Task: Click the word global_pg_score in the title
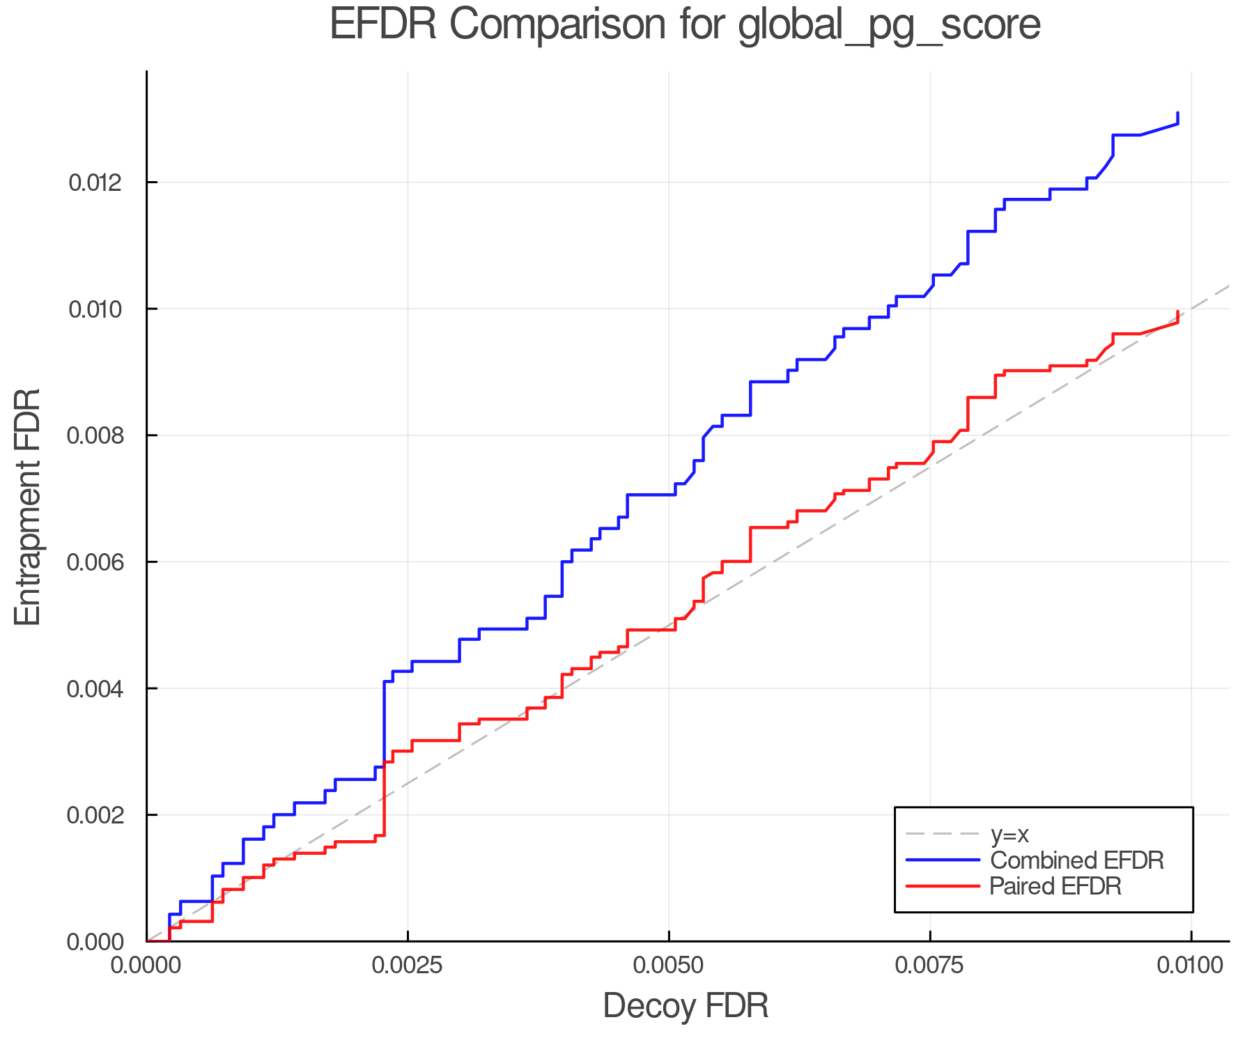point(888,26)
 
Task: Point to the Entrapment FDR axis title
point(29,507)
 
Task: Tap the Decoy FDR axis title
point(686,1006)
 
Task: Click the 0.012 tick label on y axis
point(95,183)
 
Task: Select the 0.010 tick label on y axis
point(95,309)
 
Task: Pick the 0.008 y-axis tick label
point(95,436)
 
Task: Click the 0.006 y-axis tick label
point(95,562)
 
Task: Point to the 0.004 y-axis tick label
point(95,689)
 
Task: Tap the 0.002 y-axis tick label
point(95,815)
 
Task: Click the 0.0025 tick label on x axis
point(408,966)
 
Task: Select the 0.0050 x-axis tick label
point(669,966)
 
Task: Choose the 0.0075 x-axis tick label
point(930,966)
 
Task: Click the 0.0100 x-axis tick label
point(1191,966)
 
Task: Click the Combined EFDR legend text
point(1077,860)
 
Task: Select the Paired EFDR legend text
point(1056,886)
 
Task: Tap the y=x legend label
point(1009,835)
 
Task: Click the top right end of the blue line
point(1177,113)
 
